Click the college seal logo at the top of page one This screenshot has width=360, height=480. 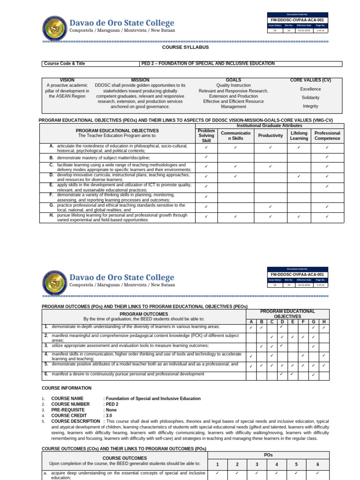click(x=55, y=28)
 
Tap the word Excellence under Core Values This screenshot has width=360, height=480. click(x=310, y=89)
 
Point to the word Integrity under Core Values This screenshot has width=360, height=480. click(x=310, y=106)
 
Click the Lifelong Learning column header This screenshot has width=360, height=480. click(x=299, y=135)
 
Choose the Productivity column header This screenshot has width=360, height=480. click(x=270, y=135)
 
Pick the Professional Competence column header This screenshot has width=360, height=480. click(x=327, y=135)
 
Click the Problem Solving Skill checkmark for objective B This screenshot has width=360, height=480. click(x=206, y=157)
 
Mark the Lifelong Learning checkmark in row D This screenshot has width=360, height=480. click(x=299, y=176)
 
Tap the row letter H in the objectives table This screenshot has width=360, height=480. click(x=52, y=215)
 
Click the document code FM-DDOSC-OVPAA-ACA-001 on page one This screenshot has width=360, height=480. click(x=298, y=20)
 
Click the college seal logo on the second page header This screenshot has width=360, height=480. click(x=55, y=282)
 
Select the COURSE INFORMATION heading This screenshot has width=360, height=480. click(x=67, y=388)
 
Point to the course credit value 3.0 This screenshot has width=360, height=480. click(x=109, y=415)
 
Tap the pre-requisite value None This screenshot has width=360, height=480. click(x=111, y=410)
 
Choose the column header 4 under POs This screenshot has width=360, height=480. click(x=277, y=464)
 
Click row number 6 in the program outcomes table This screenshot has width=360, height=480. click(x=46, y=374)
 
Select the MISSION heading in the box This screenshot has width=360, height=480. click(x=140, y=80)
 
